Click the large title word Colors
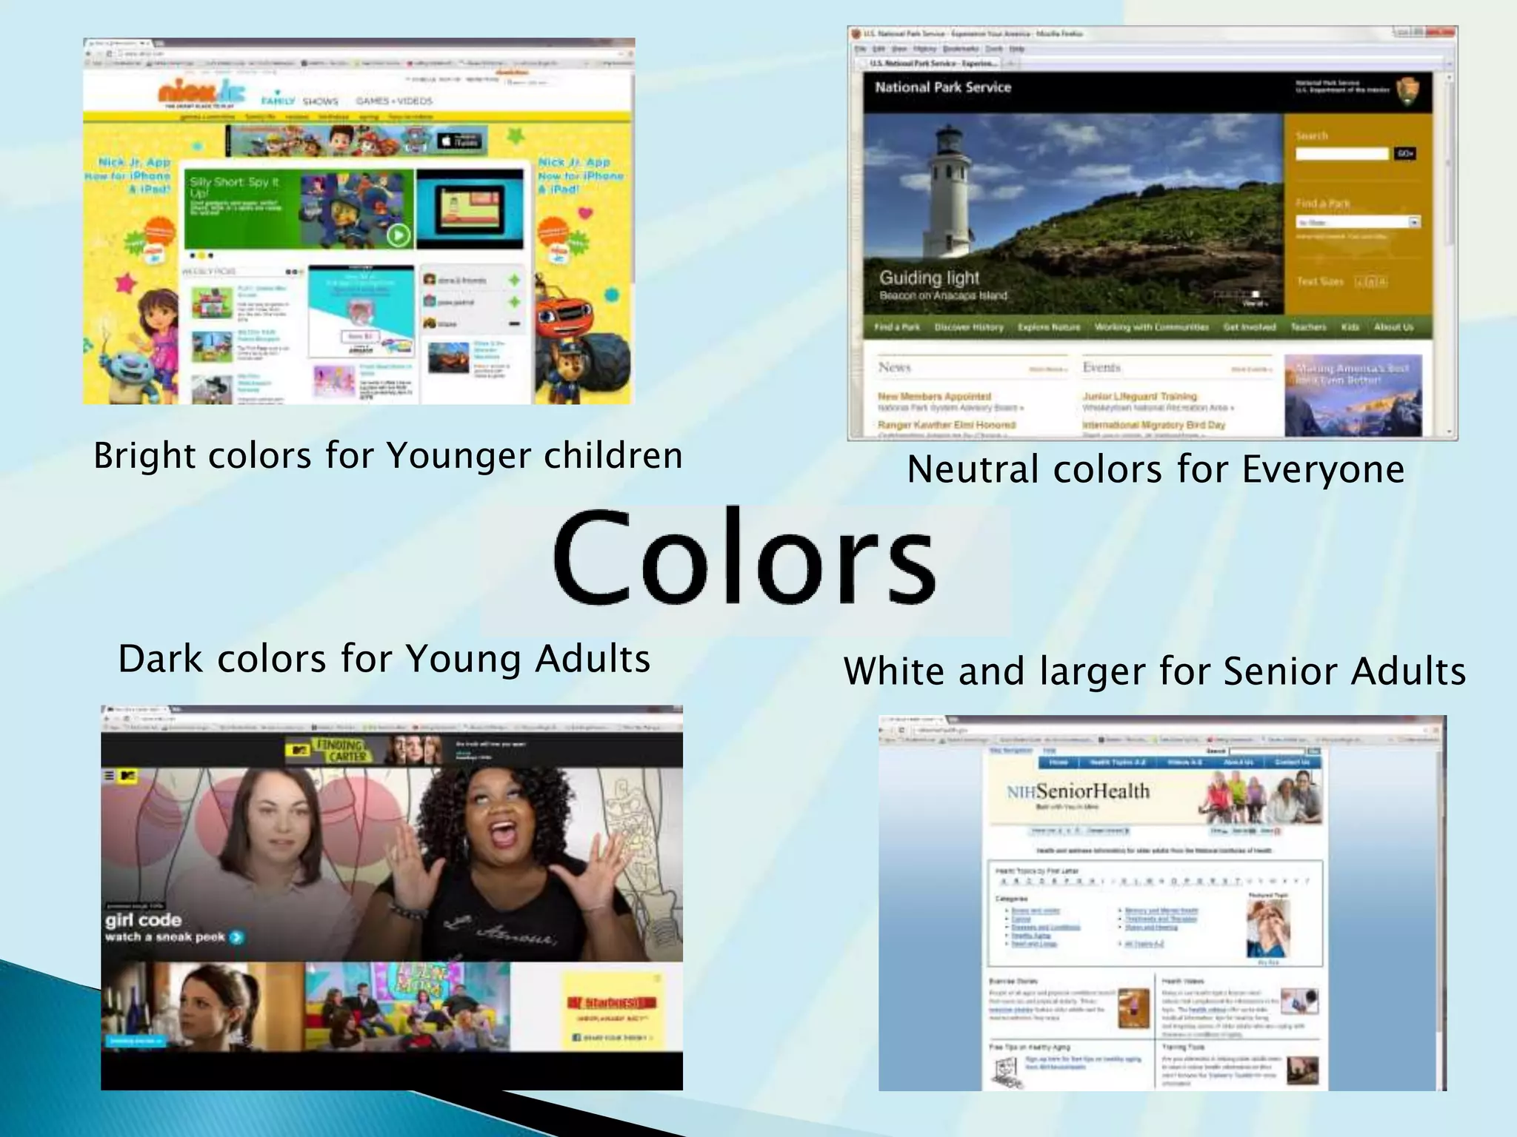(x=744, y=557)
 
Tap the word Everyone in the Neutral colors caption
(x=1323, y=469)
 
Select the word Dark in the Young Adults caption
(x=160, y=659)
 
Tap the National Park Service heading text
(x=942, y=87)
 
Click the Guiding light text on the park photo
(x=929, y=278)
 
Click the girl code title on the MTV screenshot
(x=143, y=920)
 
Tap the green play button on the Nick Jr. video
(x=399, y=235)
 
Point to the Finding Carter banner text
(x=341, y=750)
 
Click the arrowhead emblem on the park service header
(x=1407, y=93)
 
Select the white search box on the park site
(x=1341, y=153)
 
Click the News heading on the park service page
(x=894, y=367)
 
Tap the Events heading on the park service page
(x=1101, y=367)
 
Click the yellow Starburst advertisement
(x=612, y=1010)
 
